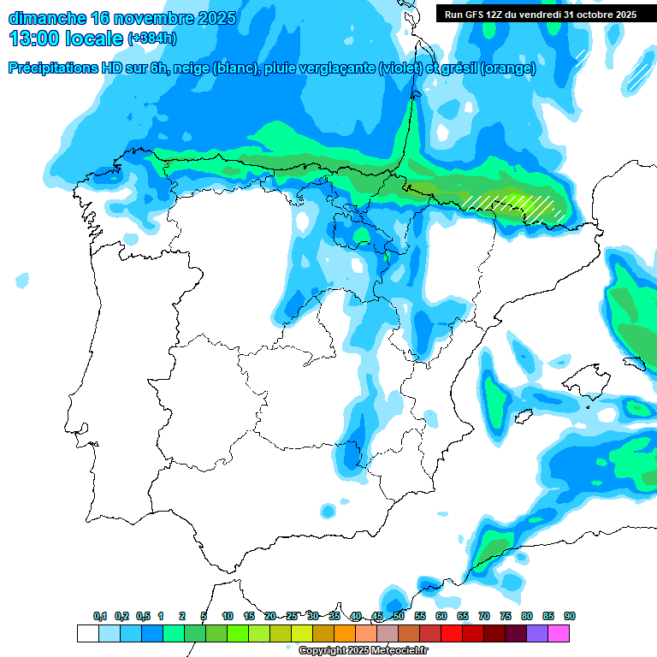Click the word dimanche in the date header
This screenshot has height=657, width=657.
click(45, 18)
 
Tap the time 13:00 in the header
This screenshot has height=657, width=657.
click(34, 38)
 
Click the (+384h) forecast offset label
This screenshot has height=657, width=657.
click(151, 39)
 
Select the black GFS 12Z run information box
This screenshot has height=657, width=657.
click(540, 14)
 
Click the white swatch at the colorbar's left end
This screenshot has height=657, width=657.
click(87, 634)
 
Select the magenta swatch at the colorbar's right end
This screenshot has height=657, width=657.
click(559, 634)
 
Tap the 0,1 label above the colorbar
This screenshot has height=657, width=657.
click(100, 617)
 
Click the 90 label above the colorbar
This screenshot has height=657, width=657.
click(570, 617)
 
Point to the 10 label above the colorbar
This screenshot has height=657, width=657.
click(228, 617)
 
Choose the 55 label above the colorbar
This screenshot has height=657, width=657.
click(420, 617)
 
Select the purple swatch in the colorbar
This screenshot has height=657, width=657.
click(537, 634)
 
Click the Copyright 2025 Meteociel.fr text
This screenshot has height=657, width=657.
click(355, 651)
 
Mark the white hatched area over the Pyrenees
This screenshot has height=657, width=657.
click(513, 205)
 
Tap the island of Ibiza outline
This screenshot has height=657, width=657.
click(524, 417)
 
